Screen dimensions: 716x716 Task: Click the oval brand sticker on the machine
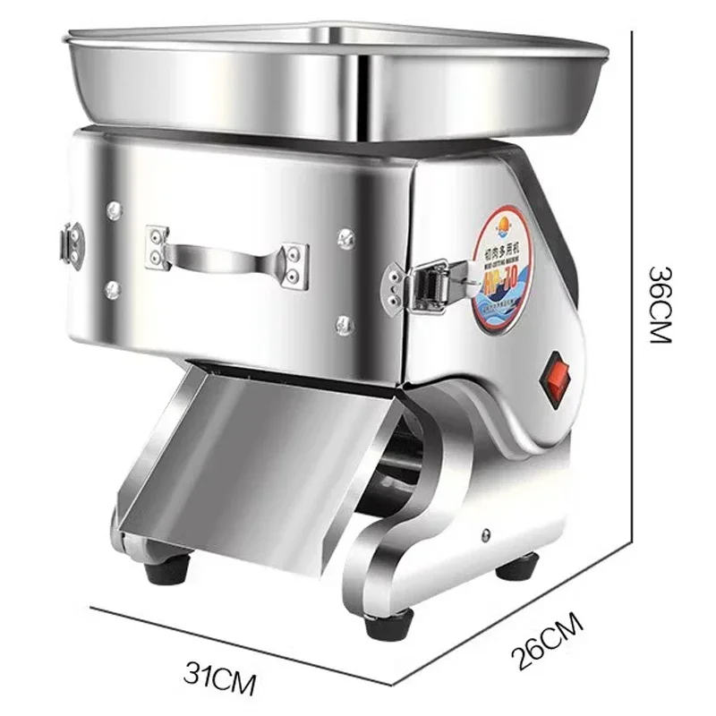coord(502,269)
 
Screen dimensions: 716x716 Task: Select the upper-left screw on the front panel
coord(114,210)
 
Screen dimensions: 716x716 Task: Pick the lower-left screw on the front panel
coord(113,289)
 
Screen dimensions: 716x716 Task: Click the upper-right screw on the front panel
coord(345,238)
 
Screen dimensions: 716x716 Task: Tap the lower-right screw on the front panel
coord(345,324)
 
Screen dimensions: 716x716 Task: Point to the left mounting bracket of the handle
coord(158,246)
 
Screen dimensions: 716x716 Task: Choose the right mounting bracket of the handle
coord(294,266)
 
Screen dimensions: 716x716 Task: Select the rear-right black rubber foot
coord(517,567)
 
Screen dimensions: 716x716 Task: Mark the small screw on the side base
coord(486,535)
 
